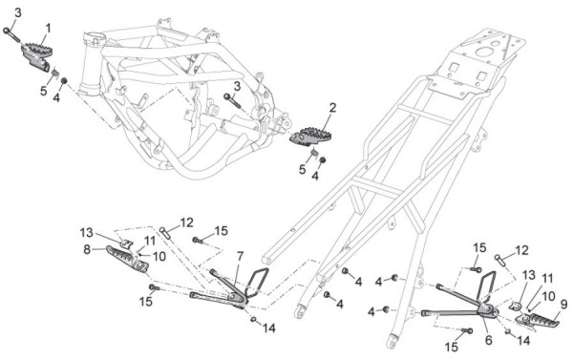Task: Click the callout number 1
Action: tap(48, 29)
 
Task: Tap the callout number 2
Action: tap(332, 108)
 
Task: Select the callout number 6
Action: tap(489, 340)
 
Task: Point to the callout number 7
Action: tap(240, 257)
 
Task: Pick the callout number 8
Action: tap(87, 250)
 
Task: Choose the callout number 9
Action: tap(564, 304)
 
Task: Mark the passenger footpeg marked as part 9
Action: tap(537, 320)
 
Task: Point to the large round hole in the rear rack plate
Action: tap(485, 52)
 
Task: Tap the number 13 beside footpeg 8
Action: tap(87, 232)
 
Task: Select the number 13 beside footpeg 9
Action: tap(528, 275)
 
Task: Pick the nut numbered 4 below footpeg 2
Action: tap(323, 160)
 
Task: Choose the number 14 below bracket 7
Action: tap(268, 328)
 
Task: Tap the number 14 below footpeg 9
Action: tap(523, 341)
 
